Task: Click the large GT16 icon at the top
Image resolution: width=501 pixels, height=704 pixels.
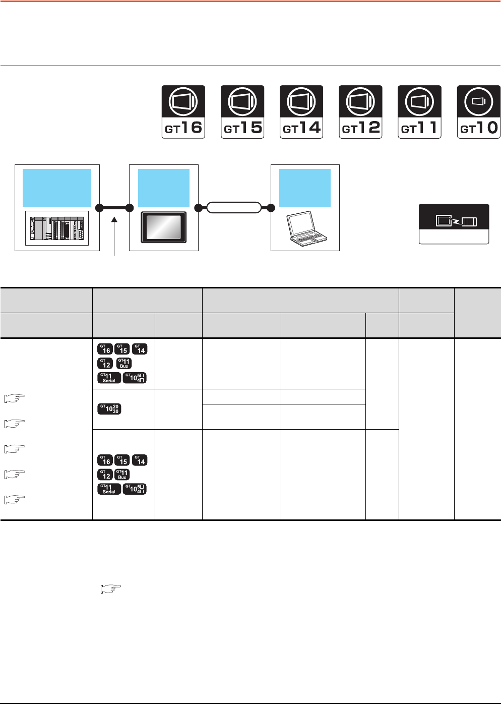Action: (x=183, y=112)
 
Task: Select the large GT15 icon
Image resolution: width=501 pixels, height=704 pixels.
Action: (x=242, y=112)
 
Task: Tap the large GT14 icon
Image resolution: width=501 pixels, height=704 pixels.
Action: (x=301, y=112)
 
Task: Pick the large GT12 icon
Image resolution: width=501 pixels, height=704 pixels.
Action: (x=360, y=112)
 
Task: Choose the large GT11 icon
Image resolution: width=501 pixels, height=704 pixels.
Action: (x=419, y=112)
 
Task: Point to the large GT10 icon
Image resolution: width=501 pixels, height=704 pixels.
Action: (x=478, y=112)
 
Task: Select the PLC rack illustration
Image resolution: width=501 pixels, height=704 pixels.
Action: (x=57, y=228)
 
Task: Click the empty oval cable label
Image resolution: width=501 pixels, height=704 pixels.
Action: (x=234, y=207)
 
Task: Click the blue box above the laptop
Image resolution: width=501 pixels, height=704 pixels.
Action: (x=304, y=188)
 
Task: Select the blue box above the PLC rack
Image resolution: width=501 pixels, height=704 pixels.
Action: (x=57, y=188)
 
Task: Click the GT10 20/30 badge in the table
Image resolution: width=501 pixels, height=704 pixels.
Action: (x=109, y=409)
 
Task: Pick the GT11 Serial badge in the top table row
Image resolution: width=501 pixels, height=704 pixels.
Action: (x=109, y=378)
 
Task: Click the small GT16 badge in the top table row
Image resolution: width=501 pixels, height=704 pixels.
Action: (x=105, y=348)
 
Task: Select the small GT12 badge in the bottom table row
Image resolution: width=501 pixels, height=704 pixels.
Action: (x=105, y=475)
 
